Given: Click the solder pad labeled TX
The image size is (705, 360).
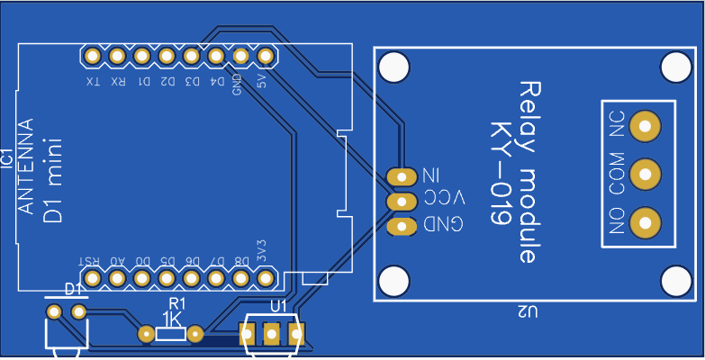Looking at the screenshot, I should (92, 57).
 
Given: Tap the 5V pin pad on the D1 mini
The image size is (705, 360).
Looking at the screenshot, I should (265, 57).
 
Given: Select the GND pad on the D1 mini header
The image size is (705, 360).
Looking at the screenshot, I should (240, 57).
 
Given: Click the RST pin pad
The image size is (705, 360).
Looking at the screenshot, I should (92, 278).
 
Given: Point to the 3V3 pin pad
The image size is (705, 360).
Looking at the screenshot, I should (266, 278).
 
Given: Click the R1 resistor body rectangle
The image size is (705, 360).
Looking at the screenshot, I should (170, 335).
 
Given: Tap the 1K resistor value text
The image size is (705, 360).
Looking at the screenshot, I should (172, 319).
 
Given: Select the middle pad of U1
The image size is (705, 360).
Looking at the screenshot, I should (271, 335).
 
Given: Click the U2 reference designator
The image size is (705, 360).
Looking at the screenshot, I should (528, 312).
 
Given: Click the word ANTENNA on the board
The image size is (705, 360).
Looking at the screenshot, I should (27, 166).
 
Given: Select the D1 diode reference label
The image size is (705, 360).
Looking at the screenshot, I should (74, 290).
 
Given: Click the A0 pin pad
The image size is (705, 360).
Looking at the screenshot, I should (117, 278).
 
